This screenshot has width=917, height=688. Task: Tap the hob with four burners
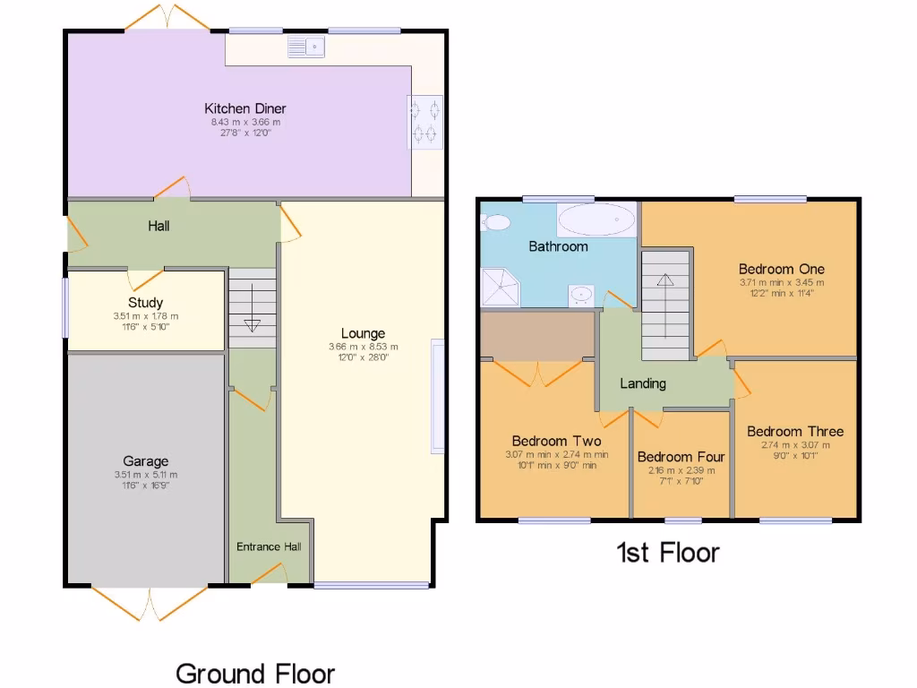click(426, 122)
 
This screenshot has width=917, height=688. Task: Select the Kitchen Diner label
click(244, 108)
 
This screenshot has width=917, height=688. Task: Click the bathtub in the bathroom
click(596, 219)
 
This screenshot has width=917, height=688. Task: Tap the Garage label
click(145, 461)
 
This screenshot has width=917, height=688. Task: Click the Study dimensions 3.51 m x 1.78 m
click(146, 316)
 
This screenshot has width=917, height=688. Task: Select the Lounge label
click(363, 333)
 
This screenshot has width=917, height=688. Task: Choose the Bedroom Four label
click(681, 457)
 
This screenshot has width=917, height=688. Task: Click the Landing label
click(643, 383)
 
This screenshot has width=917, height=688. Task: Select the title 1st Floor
click(667, 552)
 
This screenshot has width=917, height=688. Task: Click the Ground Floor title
click(255, 673)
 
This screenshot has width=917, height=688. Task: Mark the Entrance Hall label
click(269, 546)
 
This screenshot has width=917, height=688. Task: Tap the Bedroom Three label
click(794, 431)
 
